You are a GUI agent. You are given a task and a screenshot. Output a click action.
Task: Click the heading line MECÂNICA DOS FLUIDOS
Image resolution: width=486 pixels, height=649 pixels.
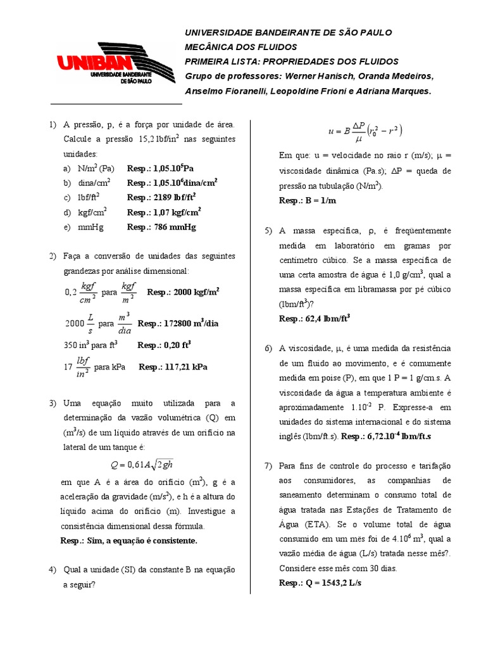point(240,47)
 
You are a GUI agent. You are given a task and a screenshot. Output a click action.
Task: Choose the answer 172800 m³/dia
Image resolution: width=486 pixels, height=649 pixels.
point(178,323)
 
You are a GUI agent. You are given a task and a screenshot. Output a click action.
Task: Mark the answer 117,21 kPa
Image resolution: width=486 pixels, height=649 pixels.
point(173,366)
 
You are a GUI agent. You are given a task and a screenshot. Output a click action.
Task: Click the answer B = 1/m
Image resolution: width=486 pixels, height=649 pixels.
point(308,200)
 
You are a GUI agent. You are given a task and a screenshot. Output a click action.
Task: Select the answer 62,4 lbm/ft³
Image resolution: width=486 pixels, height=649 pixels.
point(315,318)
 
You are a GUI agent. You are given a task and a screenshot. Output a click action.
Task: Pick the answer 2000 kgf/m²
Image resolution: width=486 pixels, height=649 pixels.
point(183,292)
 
